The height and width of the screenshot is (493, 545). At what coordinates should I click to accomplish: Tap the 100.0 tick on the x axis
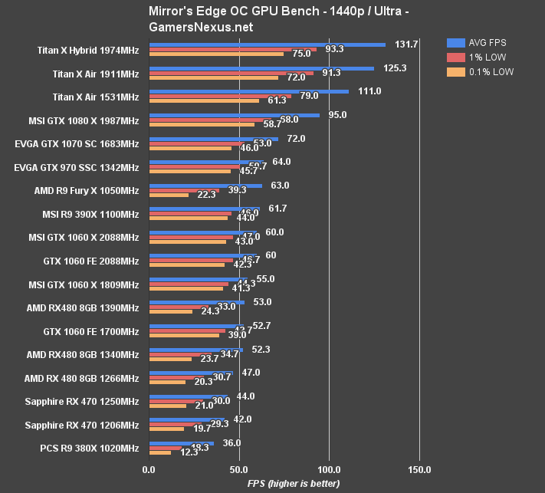[x=329, y=468]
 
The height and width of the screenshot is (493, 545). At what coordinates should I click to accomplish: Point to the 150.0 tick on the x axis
[x=419, y=468]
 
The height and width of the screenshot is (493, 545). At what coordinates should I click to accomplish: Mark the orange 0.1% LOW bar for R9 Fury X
[x=169, y=195]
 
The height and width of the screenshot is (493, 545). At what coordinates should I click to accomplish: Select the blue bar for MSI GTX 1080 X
[x=234, y=115]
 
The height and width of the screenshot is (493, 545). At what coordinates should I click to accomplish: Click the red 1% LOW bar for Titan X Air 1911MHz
[x=231, y=74]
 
